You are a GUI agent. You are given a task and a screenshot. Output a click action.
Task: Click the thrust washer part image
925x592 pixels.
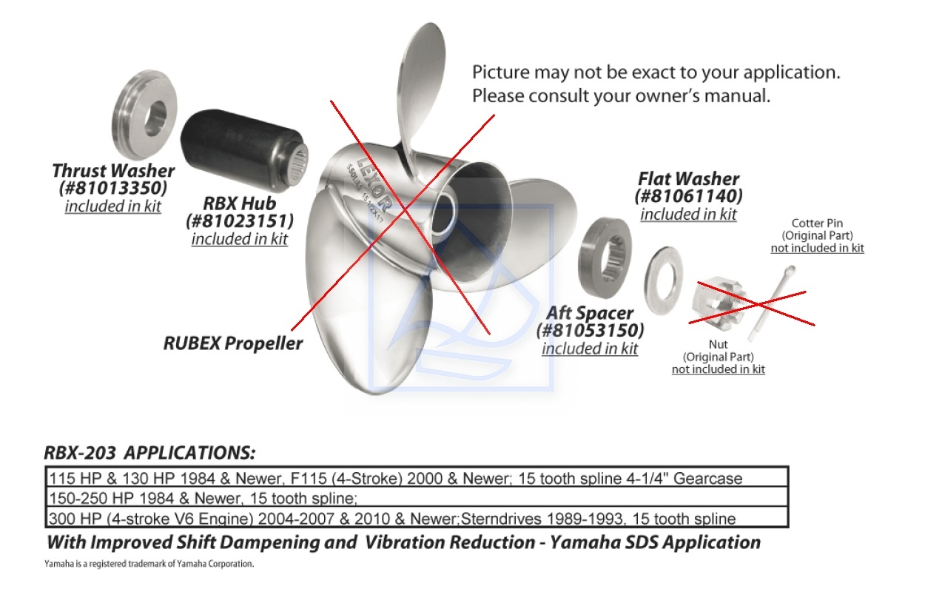(x=144, y=115)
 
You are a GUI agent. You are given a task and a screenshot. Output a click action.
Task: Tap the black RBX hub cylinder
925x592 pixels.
(x=244, y=152)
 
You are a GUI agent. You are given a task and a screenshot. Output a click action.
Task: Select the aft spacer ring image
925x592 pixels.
(x=605, y=258)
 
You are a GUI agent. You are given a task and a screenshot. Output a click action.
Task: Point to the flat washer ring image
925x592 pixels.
(x=664, y=280)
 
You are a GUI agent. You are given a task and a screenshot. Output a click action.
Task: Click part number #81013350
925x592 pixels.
(x=113, y=188)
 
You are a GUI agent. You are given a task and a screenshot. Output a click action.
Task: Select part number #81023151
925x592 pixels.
(x=240, y=221)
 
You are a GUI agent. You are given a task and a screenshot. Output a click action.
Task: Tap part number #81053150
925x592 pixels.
(x=590, y=330)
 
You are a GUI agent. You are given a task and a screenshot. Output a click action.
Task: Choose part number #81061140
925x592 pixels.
(x=688, y=196)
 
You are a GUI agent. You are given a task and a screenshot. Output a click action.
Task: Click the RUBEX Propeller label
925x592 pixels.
(x=233, y=343)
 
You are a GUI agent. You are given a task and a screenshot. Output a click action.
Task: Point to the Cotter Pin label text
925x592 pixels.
(x=817, y=223)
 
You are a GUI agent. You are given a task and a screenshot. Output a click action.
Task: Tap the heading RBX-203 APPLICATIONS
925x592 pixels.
(x=149, y=453)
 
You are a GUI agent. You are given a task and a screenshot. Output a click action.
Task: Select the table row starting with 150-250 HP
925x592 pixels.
(x=417, y=497)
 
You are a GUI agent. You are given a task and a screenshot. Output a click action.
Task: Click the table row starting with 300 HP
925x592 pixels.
(x=417, y=517)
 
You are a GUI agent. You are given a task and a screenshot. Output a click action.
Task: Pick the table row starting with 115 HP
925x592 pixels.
(x=417, y=477)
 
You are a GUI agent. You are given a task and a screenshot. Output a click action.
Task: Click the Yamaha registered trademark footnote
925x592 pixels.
(x=149, y=564)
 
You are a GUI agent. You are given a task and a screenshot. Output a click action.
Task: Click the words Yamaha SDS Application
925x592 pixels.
(x=656, y=542)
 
